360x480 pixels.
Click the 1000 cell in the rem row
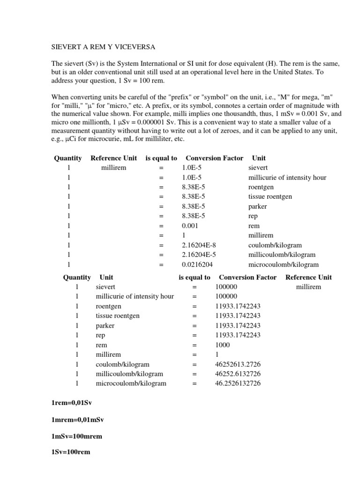pos(223,345)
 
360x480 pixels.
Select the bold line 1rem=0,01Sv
pos(71,403)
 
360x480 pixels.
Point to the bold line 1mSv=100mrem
pos(76,436)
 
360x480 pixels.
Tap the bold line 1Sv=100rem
pos(70,452)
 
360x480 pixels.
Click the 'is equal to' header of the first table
pos(161,158)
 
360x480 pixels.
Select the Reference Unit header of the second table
pos(308,277)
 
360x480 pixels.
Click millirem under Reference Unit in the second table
pos(308,287)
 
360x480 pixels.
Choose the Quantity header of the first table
pos(67,158)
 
